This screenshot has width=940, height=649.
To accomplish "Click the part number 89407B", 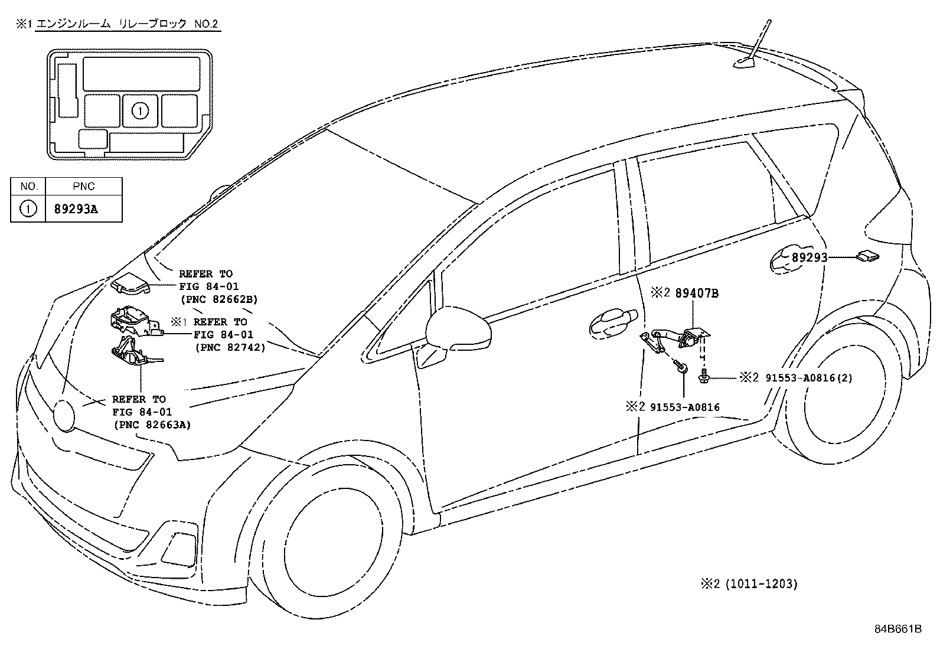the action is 697,293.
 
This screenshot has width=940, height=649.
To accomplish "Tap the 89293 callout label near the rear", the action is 810,257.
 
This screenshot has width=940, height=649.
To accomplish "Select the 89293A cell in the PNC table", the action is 76,209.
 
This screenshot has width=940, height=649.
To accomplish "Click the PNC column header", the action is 83,187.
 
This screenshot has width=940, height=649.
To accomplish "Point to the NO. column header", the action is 29,187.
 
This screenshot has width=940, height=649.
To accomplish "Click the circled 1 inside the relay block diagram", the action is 140,111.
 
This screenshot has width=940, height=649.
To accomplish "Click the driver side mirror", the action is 458,329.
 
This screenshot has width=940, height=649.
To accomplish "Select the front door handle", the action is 613,323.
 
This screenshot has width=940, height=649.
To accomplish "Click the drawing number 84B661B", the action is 898,629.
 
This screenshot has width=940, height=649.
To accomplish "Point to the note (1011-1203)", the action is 761,584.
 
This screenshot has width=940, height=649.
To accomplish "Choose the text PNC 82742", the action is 230,348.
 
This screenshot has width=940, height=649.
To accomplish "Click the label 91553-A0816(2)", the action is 809,378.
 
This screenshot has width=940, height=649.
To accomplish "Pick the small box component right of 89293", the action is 867,256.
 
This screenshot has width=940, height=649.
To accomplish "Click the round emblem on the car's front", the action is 64,416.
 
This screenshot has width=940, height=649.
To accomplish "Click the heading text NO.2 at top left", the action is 206,24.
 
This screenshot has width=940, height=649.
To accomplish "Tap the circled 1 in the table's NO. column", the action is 28,208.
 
